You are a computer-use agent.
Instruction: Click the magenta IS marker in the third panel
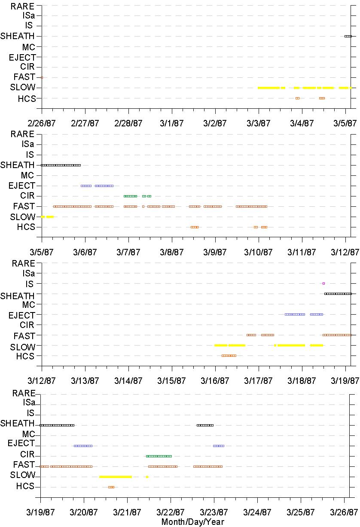[x=323, y=284]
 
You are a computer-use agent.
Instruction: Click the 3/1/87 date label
[x=172, y=123]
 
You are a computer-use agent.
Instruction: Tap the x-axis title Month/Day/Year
[x=193, y=521]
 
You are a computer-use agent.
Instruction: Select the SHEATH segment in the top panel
[x=348, y=36]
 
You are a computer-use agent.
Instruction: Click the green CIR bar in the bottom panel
[x=159, y=456]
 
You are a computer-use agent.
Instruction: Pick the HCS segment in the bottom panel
[x=111, y=487]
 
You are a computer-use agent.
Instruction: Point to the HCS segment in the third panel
[x=229, y=356]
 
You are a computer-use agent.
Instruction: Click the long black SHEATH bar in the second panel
[x=61, y=165]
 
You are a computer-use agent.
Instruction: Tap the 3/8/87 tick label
[x=172, y=252]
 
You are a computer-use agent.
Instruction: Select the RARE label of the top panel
[x=23, y=6]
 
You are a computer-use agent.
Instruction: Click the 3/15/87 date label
[x=171, y=381]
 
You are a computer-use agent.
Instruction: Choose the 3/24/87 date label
[x=257, y=512]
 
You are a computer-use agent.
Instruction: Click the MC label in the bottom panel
[x=29, y=434]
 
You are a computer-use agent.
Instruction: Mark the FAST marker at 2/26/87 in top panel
[x=42, y=77]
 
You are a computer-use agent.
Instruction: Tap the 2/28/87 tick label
[x=128, y=123]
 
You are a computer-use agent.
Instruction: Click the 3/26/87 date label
[x=344, y=512]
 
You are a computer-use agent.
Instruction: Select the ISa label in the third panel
[x=29, y=273]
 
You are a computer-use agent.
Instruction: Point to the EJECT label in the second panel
[x=22, y=186]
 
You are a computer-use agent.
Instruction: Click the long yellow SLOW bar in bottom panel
[x=116, y=477]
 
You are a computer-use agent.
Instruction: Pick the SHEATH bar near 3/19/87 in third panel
[x=338, y=294]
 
